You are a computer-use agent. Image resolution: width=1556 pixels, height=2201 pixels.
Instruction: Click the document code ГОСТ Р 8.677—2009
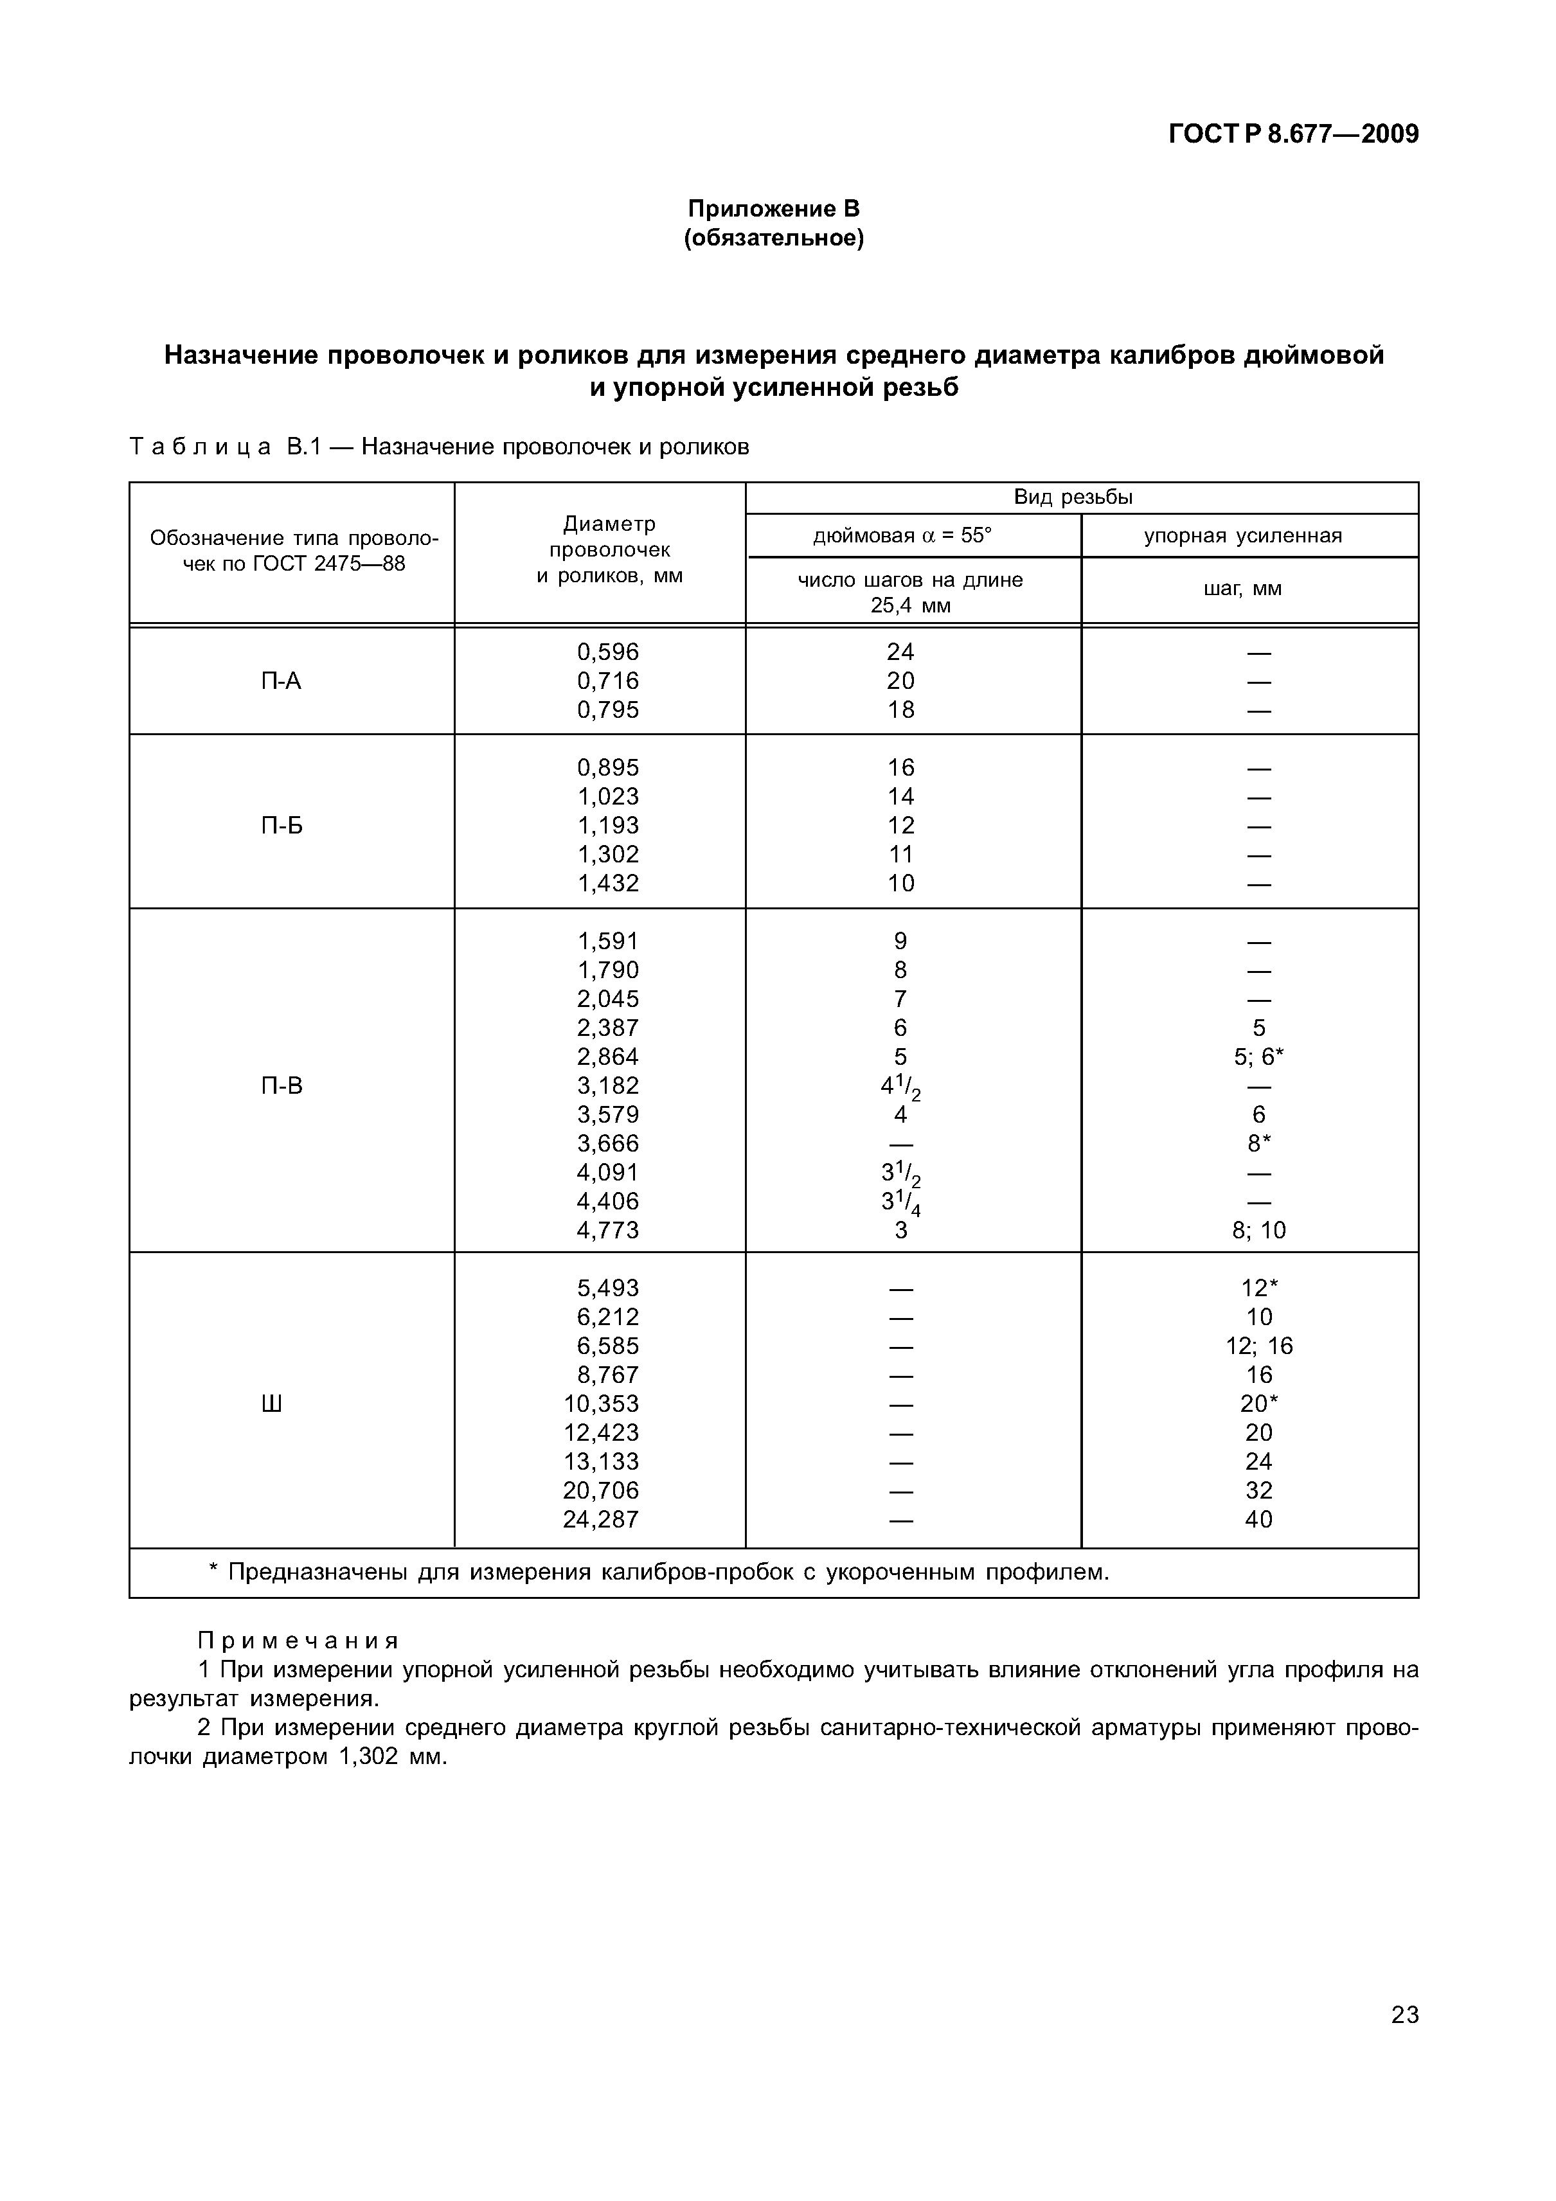click(1292, 134)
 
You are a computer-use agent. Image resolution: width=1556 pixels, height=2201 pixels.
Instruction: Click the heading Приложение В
click(774, 208)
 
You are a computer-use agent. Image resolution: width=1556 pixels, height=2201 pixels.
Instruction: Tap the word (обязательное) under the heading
click(774, 238)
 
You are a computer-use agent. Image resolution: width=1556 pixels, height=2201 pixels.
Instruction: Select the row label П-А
click(281, 682)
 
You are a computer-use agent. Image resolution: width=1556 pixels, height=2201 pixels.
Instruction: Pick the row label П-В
click(281, 1085)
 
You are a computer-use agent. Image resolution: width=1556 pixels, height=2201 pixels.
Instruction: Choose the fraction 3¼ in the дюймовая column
click(900, 1202)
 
